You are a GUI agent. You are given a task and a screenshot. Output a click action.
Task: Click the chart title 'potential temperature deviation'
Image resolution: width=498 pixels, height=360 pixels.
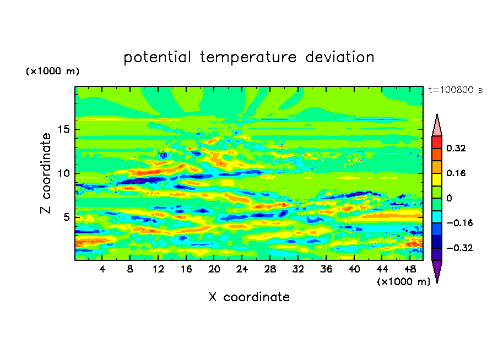248,57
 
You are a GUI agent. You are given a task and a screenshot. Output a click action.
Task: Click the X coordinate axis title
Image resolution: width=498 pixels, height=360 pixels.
249,297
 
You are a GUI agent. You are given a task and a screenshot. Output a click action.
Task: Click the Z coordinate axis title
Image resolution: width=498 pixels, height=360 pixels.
46,173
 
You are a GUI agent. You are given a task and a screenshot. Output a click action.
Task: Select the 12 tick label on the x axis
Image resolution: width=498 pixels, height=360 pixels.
158,269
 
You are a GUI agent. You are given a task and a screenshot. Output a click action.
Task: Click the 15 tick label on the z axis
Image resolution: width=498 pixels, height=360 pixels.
65,130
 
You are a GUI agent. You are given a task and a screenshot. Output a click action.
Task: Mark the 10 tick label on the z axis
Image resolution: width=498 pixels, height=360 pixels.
65,173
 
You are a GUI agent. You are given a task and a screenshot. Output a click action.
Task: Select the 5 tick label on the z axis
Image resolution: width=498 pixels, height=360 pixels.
68,217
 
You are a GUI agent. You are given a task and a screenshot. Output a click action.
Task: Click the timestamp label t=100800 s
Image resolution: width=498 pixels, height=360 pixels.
455,90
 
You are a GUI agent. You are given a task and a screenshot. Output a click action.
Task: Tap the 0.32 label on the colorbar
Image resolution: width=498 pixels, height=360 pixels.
456,148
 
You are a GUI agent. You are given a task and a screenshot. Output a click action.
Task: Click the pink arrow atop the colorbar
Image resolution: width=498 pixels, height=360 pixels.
437,126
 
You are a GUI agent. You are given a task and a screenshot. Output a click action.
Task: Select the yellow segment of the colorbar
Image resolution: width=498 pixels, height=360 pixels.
437,179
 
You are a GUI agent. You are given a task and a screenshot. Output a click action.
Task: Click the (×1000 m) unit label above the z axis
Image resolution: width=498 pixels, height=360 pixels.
53,72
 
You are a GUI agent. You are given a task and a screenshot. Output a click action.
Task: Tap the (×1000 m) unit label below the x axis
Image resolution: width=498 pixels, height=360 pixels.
404,282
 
